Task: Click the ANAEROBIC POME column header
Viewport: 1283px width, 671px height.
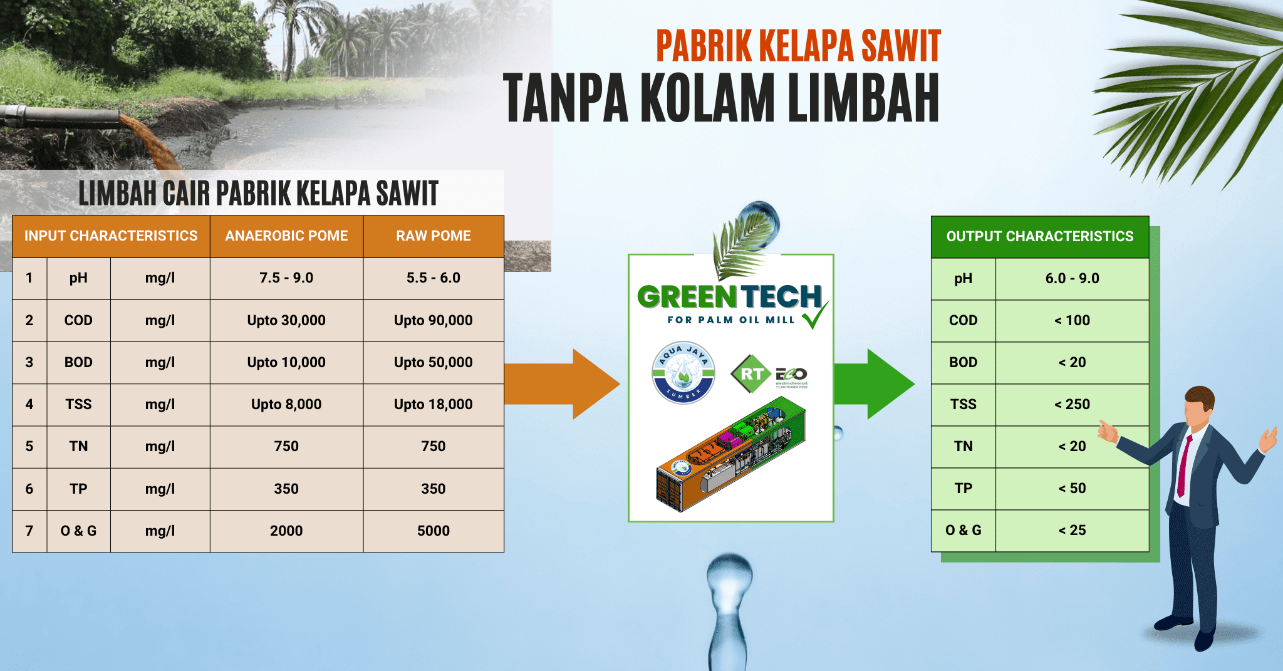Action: pos(286,236)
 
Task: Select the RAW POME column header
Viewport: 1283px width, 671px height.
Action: pos(433,236)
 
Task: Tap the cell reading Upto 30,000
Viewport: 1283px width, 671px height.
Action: pos(286,320)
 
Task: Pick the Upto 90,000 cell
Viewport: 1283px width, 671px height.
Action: pos(433,320)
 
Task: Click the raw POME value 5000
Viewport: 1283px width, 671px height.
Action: pos(433,531)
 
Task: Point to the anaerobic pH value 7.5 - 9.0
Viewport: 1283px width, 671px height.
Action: pos(286,278)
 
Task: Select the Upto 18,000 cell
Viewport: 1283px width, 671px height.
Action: pos(433,404)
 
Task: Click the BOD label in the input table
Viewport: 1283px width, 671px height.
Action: pos(78,362)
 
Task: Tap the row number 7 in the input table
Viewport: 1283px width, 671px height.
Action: pos(29,531)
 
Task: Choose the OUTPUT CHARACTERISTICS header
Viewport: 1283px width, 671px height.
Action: pos(1039,236)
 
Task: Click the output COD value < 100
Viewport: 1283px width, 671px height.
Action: pos(1072,320)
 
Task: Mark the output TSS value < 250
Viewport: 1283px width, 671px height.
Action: pos(1072,404)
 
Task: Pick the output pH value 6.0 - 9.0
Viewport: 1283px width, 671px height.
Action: pos(1072,278)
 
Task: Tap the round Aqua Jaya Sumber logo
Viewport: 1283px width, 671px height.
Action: pos(683,373)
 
